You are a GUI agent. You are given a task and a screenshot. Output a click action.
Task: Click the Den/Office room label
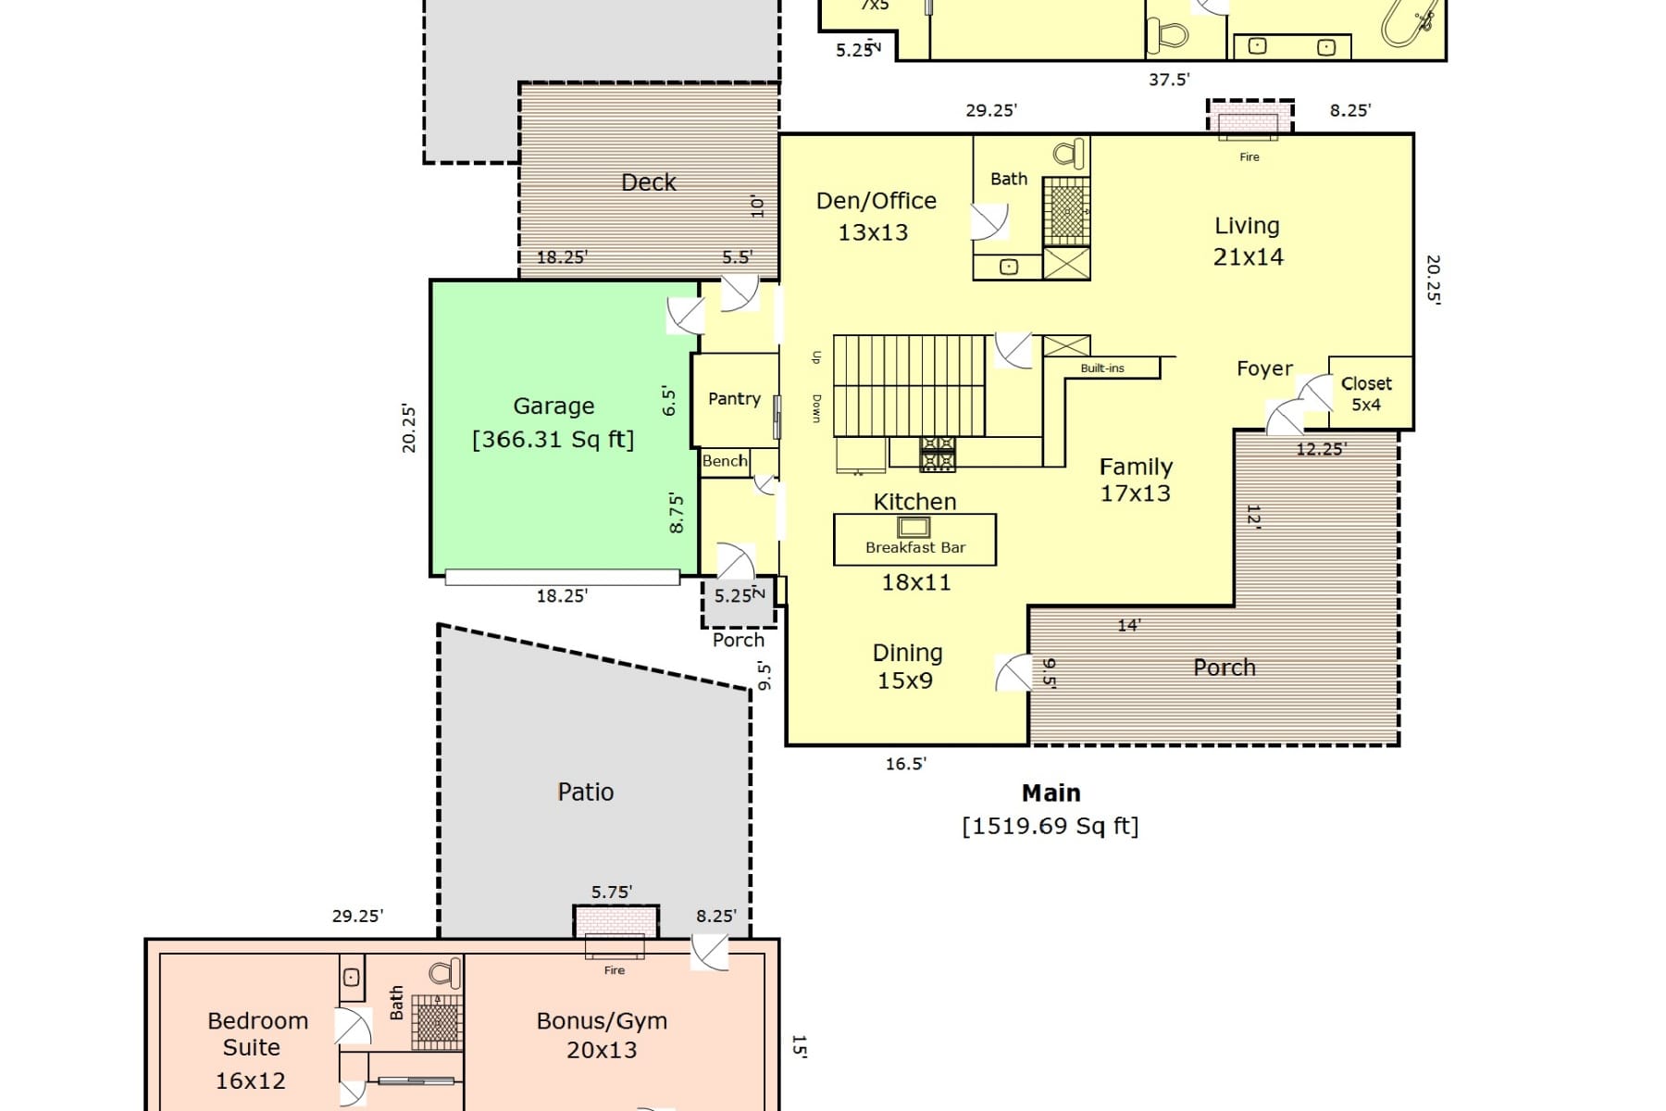pos(876,201)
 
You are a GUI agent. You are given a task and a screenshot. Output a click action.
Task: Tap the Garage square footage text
pos(553,440)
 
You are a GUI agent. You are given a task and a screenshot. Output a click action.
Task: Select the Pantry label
pos(734,399)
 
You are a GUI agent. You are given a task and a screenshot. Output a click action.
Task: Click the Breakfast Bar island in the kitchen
pos(914,540)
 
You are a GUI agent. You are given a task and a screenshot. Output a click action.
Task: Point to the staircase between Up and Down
pos(908,385)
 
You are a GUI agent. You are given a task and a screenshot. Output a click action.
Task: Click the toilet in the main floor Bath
pos(1070,154)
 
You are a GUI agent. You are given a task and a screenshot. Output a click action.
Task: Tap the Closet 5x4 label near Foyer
pos(1366,393)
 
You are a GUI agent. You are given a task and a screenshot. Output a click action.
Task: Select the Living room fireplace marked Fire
pos(1249,126)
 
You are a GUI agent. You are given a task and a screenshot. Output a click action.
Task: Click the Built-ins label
pos(1102,368)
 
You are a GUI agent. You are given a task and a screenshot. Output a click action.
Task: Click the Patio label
pos(585,793)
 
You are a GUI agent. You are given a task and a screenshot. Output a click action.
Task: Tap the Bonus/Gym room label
pos(602,1021)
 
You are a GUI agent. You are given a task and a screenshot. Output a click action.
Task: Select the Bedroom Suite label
pos(256,1034)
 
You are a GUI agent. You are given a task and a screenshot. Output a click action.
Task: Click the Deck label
pos(648,182)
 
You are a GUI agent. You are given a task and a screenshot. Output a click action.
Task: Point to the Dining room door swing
pos(1013,673)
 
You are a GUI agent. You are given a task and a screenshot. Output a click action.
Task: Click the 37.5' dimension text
pos(1168,80)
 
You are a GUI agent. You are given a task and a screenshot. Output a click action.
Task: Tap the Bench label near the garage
pos(724,461)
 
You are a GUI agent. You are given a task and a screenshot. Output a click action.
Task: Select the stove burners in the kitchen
pos(937,455)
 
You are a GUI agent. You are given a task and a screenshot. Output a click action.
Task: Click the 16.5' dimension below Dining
pos(905,764)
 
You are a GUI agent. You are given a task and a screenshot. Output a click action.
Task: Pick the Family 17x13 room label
pos(1136,480)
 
